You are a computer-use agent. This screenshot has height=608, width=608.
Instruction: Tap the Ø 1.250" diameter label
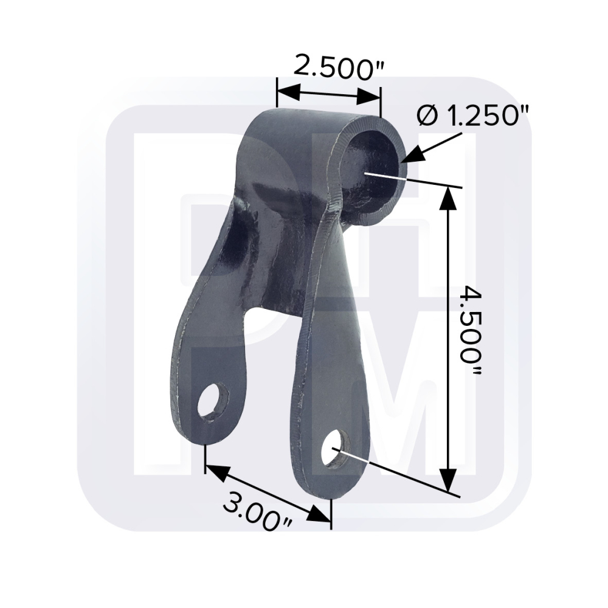[472, 116]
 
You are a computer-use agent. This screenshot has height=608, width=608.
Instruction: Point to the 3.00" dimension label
[257, 511]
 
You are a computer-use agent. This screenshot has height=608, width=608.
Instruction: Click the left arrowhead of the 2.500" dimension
[288, 93]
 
